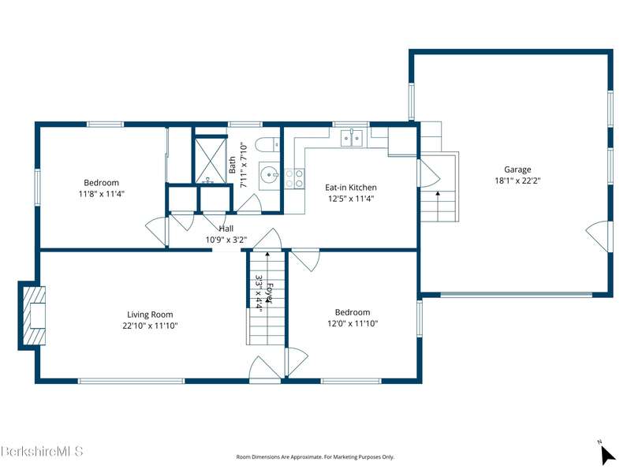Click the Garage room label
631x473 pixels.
click(x=517, y=169)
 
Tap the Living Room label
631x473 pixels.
click(x=150, y=315)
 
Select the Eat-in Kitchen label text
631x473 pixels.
click(x=351, y=188)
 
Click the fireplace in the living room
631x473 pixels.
click(x=33, y=315)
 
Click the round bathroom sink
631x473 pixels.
click(x=269, y=175)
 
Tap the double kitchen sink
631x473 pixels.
click(x=352, y=138)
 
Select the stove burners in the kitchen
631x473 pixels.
click(x=294, y=179)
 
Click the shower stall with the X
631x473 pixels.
click(x=210, y=160)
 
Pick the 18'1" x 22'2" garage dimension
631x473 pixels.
click(x=517, y=181)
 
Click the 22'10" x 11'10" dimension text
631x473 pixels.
click(x=150, y=326)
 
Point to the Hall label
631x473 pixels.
click(x=226, y=229)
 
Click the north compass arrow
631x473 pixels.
click(x=607, y=455)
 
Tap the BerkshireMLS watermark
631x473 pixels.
click(x=42, y=451)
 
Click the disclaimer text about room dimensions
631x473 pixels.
click(x=315, y=457)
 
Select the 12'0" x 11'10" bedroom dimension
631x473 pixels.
click(x=353, y=323)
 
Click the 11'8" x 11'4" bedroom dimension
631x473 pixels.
click(x=102, y=194)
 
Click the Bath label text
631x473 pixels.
click(x=232, y=165)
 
